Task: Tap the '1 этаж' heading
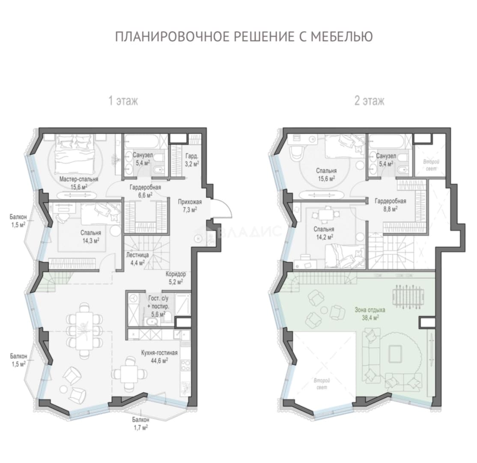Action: point(123,101)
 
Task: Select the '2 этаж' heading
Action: point(369,101)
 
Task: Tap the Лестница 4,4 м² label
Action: point(137,259)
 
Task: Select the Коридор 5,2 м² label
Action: point(176,278)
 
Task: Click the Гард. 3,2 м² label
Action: point(192,159)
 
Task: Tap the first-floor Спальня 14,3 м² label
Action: point(91,236)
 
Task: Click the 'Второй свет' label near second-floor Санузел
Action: point(431,165)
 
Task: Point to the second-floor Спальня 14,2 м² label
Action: point(324,233)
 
